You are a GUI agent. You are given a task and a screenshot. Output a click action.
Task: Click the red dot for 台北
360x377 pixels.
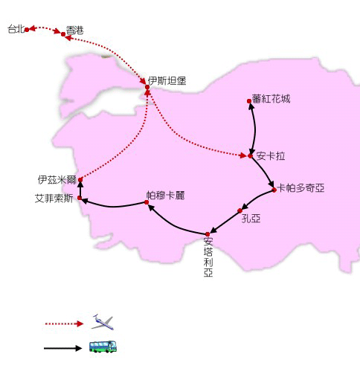[x=27, y=30]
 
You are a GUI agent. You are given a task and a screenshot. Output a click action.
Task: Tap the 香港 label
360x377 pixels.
[x=74, y=30]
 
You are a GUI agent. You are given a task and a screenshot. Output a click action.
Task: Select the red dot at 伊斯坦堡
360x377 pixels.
[x=147, y=87]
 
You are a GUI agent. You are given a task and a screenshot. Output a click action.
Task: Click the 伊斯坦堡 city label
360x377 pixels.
[x=167, y=81]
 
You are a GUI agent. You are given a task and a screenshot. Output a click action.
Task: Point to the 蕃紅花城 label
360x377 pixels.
[x=271, y=99]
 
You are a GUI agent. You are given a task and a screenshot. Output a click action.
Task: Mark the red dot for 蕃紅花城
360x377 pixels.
[x=249, y=101]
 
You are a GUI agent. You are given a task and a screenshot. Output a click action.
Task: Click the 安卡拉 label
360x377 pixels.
[x=271, y=156]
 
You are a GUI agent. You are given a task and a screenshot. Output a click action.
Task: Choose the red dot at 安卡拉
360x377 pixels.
[x=250, y=156]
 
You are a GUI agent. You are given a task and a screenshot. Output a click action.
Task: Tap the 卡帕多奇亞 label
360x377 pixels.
[x=300, y=188]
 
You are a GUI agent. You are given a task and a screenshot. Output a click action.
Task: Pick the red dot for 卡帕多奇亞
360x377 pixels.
[x=274, y=190]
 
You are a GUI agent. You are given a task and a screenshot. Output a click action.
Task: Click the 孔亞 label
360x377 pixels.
[x=251, y=219]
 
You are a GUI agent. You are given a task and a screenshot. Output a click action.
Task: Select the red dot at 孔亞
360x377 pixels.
[x=240, y=210]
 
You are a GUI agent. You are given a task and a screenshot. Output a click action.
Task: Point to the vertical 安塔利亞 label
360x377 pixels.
[x=208, y=257]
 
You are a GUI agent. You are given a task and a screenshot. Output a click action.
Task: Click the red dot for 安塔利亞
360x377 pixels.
[x=208, y=234]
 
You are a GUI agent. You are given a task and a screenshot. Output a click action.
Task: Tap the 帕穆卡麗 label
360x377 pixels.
[x=165, y=196]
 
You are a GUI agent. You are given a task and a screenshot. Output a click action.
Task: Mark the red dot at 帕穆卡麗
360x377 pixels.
[x=147, y=202]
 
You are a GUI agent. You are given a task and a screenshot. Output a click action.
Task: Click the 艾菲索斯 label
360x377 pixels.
[x=54, y=199]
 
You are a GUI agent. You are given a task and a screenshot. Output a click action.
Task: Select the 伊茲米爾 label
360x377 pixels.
[x=57, y=180]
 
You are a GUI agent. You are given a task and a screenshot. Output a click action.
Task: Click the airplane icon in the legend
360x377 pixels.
[x=103, y=322]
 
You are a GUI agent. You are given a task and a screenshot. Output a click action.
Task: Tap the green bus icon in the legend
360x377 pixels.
[x=103, y=347]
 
